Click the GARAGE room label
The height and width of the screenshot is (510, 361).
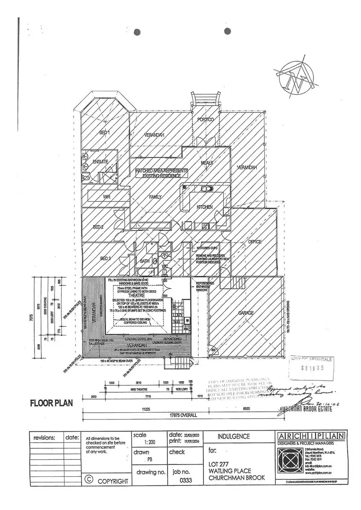point(246,313)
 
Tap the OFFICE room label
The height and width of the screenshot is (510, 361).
point(255,242)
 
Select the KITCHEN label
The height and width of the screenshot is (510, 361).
point(204,207)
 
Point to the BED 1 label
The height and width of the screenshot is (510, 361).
point(104,133)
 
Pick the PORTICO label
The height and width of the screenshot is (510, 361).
point(205,120)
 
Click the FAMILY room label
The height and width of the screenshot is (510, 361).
point(155,197)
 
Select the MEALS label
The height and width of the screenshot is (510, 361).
point(207,163)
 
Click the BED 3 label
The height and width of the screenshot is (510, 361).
point(105,258)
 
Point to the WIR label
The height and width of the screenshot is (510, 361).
point(106,197)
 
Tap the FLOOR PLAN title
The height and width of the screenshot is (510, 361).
point(51,403)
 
